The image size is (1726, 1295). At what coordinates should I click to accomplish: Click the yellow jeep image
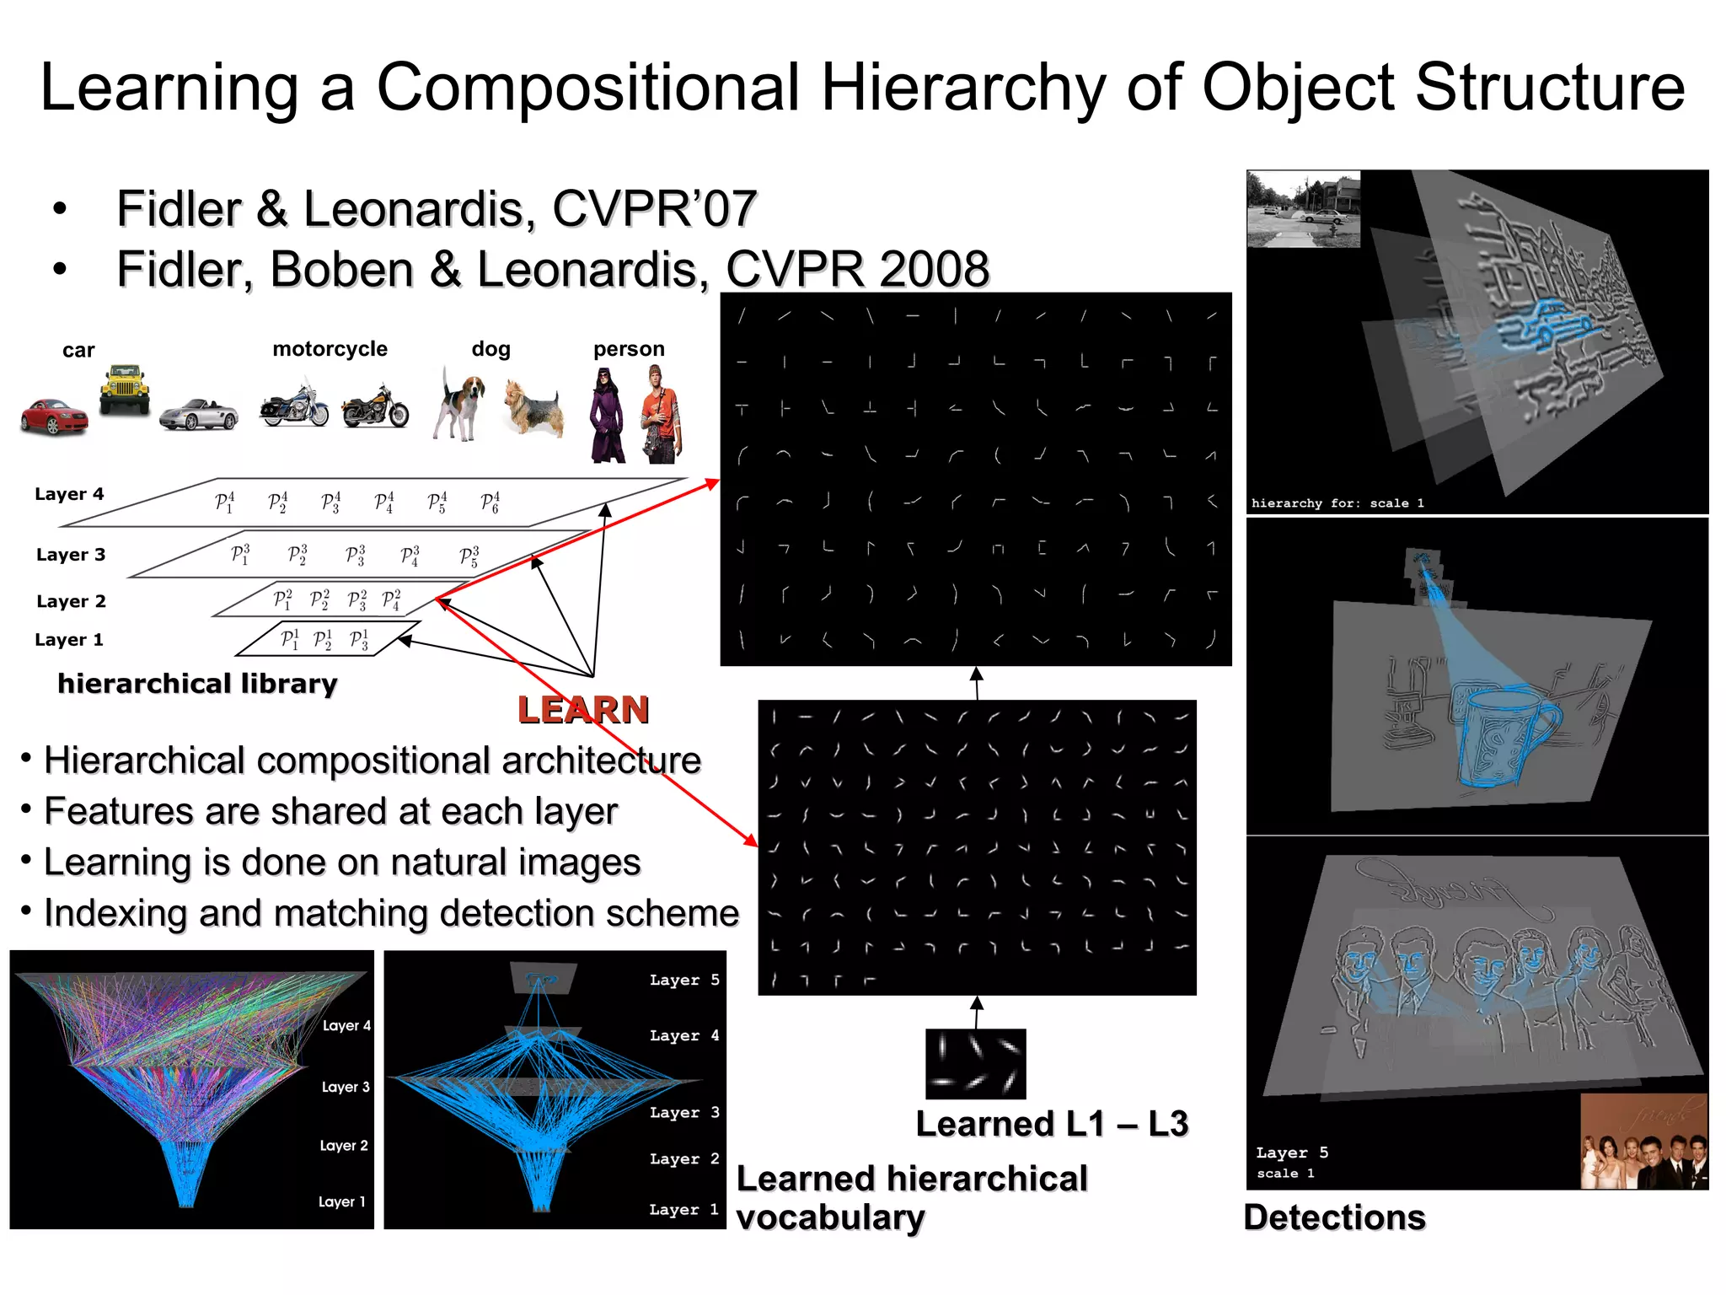(125, 389)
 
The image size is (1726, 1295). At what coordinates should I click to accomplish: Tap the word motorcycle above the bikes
(330, 349)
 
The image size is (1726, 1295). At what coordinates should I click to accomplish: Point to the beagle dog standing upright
(460, 406)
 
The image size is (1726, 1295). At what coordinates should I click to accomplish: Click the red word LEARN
(583, 710)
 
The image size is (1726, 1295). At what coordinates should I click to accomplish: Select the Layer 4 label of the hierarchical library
(69, 494)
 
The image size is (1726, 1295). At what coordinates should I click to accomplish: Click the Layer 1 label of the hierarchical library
(69, 640)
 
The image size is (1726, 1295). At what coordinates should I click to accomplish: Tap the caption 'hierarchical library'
(197, 684)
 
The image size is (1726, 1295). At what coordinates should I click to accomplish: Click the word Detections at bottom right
(1334, 1217)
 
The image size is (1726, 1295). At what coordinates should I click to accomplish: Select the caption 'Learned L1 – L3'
(1052, 1125)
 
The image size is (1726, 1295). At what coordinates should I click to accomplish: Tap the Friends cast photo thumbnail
(1643, 1142)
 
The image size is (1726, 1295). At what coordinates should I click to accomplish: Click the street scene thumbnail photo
(1303, 210)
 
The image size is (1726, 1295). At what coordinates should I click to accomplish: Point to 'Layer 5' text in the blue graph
(683, 980)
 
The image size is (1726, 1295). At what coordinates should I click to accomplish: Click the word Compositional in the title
(587, 87)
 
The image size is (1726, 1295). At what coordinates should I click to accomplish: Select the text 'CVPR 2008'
(857, 269)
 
